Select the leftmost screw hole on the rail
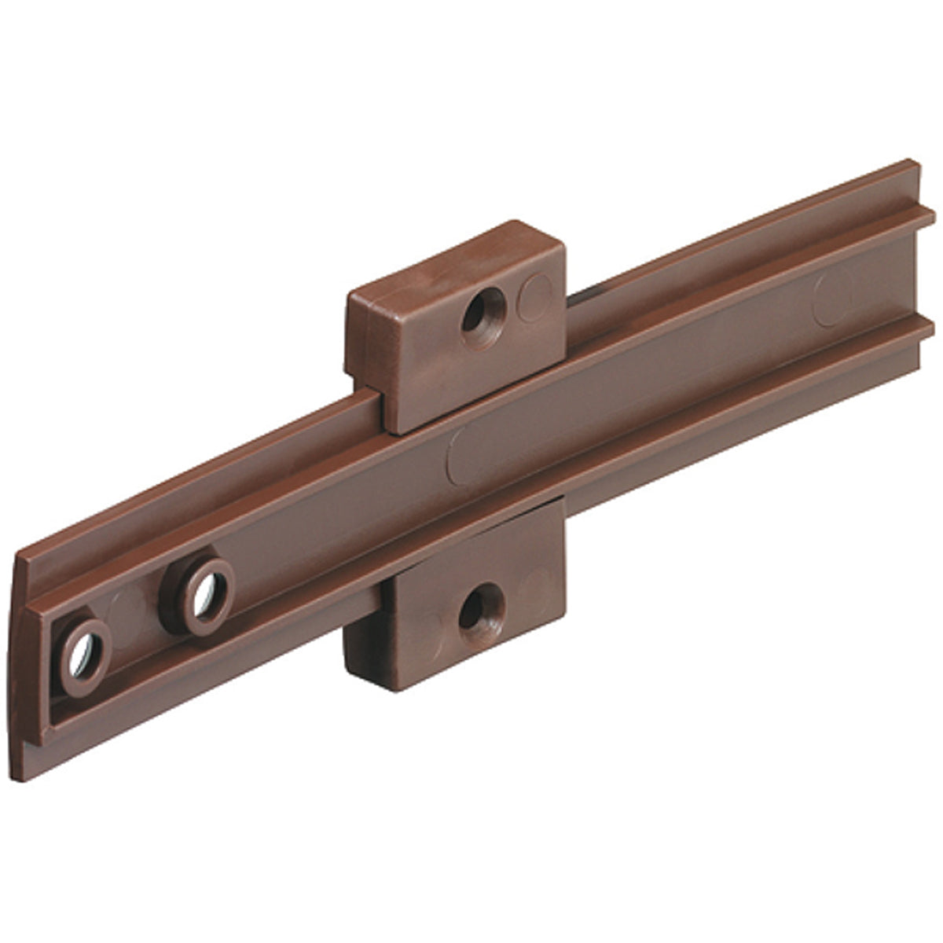click(83, 649)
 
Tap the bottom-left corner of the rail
click(22, 777)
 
